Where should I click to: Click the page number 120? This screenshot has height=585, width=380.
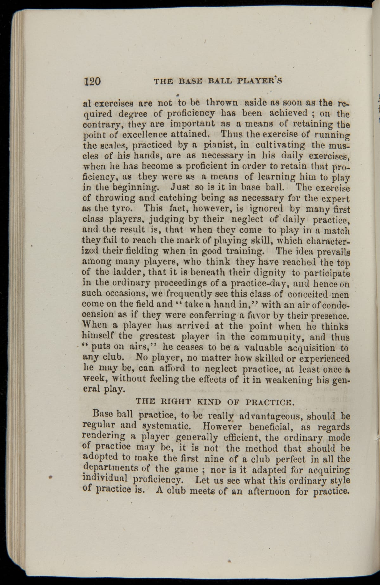coord(92,81)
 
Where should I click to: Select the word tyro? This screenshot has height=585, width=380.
coord(118,209)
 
